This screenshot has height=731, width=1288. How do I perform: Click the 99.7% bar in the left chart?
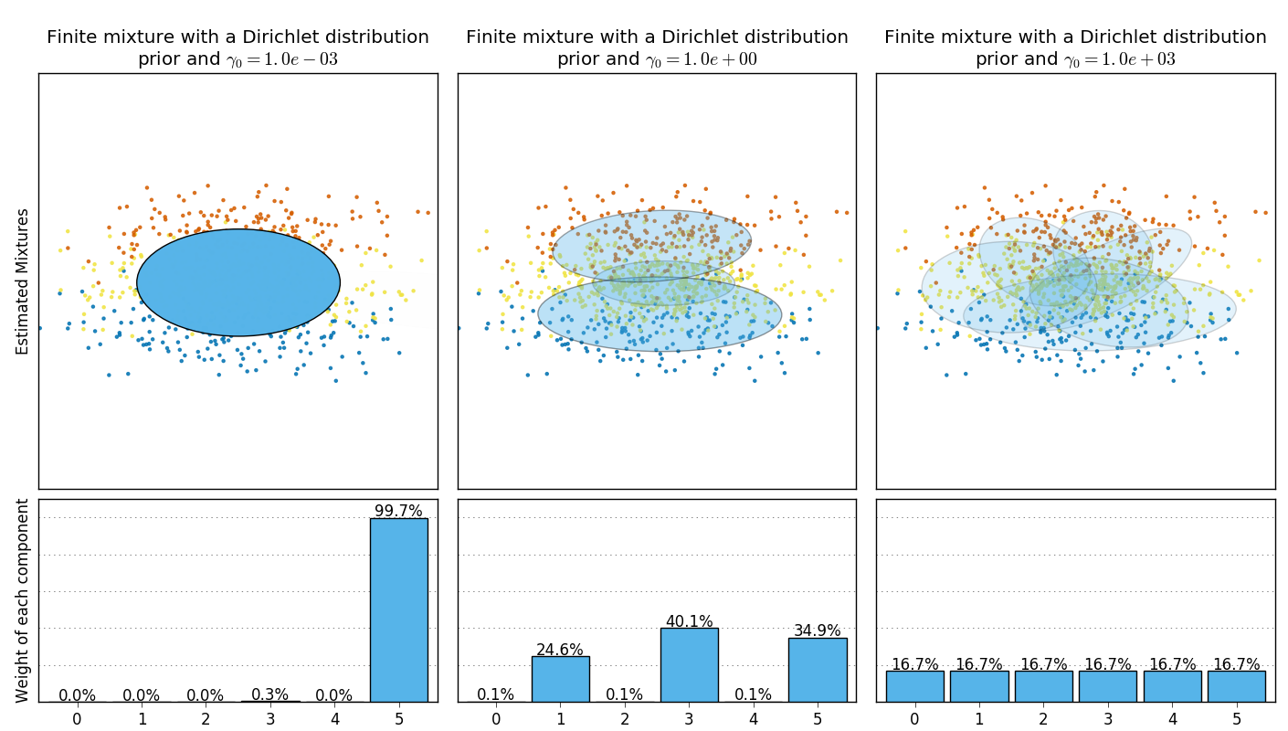pyautogui.click(x=398, y=609)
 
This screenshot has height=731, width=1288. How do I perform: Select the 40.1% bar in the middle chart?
pyautogui.click(x=689, y=664)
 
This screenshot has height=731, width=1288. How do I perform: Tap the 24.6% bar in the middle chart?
pyautogui.click(x=560, y=679)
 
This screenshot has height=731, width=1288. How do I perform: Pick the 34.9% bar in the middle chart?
pyautogui.click(x=818, y=670)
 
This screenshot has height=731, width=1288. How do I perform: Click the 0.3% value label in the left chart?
pyautogui.click(x=269, y=695)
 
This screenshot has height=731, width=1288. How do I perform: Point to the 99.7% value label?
pyautogui.click(x=398, y=511)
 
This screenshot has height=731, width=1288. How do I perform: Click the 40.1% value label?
pyautogui.click(x=689, y=621)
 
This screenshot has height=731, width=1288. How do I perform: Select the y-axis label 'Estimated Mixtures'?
pyautogui.click(x=23, y=281)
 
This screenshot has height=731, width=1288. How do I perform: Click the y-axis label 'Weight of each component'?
pyautogui.click(x=23, y=600)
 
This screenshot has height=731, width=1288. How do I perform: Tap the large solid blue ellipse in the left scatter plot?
pyautogui.click(x=238, y=282)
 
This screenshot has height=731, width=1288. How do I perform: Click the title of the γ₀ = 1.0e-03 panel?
pyautogui.click(x=238, y=48)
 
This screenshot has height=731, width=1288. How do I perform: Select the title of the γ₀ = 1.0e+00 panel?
pyautogui.click(x=657, y=48)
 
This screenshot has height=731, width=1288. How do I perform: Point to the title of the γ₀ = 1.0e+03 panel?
pyautogui.click(x=1075, y=48)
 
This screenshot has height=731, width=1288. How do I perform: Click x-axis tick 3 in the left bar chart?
pyautogui.click(x=269, y=718)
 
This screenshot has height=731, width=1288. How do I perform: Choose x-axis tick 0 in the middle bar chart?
pyautogui.click(x=496, y=718)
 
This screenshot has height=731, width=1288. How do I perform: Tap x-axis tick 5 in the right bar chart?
pyautogui.click(x=1236, y=718)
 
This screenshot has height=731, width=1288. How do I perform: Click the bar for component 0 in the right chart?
pyautogui.click(x=914, y=686)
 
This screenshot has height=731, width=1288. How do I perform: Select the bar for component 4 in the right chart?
pyautogui.click(x=1172, y=686)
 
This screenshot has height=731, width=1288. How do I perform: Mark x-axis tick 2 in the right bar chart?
pyautogui.click(x=1043, y=718)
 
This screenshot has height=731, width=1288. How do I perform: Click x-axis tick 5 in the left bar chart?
pyautogui.click(x=398, y=718)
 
